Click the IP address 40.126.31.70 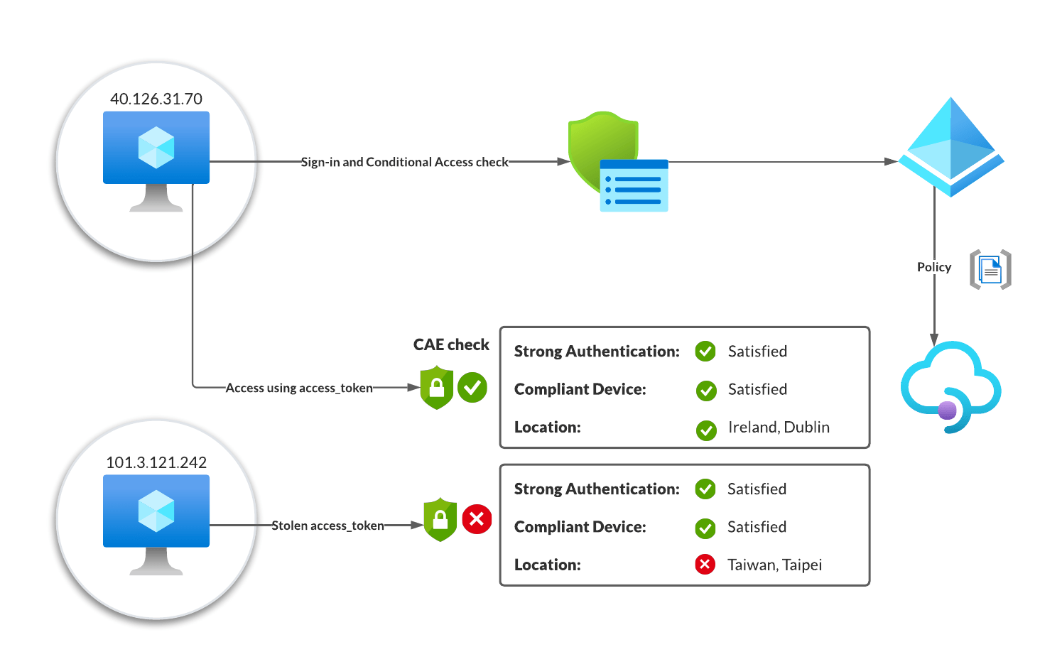coord(156,99)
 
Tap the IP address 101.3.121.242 coord(156,462)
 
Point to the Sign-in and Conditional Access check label coord(404,162)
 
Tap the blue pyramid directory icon coord(950,148)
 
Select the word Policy coord(933,267)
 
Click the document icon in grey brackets coord(990,270)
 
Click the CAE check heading coord(451,344)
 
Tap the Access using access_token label coord(299,388)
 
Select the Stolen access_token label coord(327,526)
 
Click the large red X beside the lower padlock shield coord(477,519)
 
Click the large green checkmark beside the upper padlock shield coord(472,388)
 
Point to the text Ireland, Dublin coord(779,427)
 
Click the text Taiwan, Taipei coord(774,565)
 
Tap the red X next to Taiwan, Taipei coord(705,565)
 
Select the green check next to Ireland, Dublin coord(706,430)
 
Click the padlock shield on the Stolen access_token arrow coord(440,520)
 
